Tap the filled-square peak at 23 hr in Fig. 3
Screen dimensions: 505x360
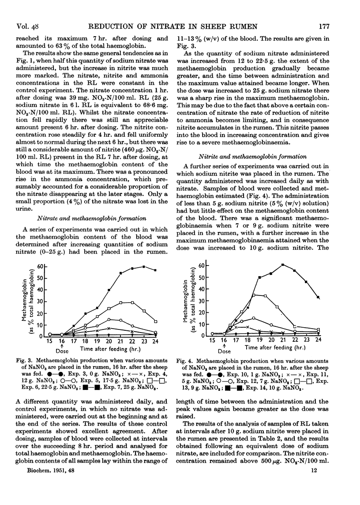pos(144,267)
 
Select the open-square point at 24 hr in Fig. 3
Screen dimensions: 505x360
pos(156,321)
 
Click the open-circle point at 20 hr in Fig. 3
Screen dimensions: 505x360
pos(109,319)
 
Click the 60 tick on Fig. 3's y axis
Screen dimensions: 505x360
pos(40,266)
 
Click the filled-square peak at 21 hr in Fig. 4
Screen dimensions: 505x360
pos(282,265)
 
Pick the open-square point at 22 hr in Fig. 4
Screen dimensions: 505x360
pos(295,327)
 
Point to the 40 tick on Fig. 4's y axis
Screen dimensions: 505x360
pos(201,289)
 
